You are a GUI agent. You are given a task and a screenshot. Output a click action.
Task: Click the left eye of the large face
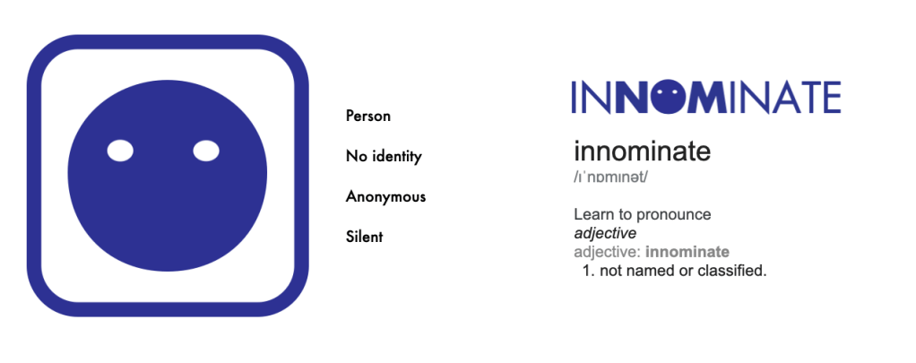click(x=120, y=151)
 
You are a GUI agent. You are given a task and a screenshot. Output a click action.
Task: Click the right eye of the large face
click(x=206, y=151)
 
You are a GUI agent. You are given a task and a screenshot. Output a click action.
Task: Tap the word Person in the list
click(x=368, y=116)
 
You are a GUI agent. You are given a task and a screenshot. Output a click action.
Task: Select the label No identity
click(x=384, y=157)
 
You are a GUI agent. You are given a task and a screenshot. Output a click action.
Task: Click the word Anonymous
click(x=385, y=197)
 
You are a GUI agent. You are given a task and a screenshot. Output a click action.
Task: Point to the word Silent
click(x=364, y=237)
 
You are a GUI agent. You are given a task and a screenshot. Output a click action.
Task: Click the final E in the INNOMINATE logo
click(x=831, y=97)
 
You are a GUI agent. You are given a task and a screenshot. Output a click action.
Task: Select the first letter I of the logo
click(x=575, y=97)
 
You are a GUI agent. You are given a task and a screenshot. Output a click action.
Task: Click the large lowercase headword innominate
click(x=642, y=151)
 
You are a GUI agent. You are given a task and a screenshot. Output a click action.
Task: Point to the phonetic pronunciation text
click(x=610, y=177)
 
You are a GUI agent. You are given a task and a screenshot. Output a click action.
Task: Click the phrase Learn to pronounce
click(x=642, y=214)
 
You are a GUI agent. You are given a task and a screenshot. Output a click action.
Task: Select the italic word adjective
click(x=605, y=233)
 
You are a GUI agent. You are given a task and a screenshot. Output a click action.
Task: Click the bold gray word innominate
click(x=687, y=252)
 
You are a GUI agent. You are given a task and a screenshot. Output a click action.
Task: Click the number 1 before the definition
click(x=586, y=271)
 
